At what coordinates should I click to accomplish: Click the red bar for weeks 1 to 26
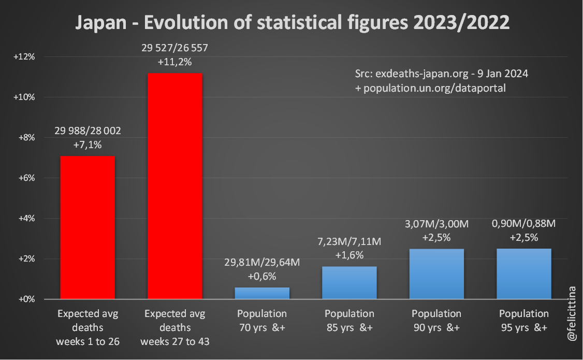[x=88, y=228]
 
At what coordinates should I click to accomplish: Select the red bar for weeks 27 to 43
[x=175, y=186]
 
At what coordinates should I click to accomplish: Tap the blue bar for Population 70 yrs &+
[x=262, y=293]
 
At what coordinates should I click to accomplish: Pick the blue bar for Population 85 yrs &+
[x=349, y=283]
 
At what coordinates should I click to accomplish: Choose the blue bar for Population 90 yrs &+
[x=436, y=274]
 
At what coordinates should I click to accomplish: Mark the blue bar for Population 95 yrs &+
[x=524, y=274]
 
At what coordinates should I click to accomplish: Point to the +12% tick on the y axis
[x=24, y=56]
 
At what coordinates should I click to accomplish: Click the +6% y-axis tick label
[x=25, y=178]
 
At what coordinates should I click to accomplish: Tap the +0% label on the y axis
[x=25, y=299]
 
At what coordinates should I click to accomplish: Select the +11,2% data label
[x=175, y=62]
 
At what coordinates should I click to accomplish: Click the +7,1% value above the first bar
[x=88, y=145]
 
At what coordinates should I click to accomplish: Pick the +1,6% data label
[x=349, y=255]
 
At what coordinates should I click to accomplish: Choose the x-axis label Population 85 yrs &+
[x=349, y=321]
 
